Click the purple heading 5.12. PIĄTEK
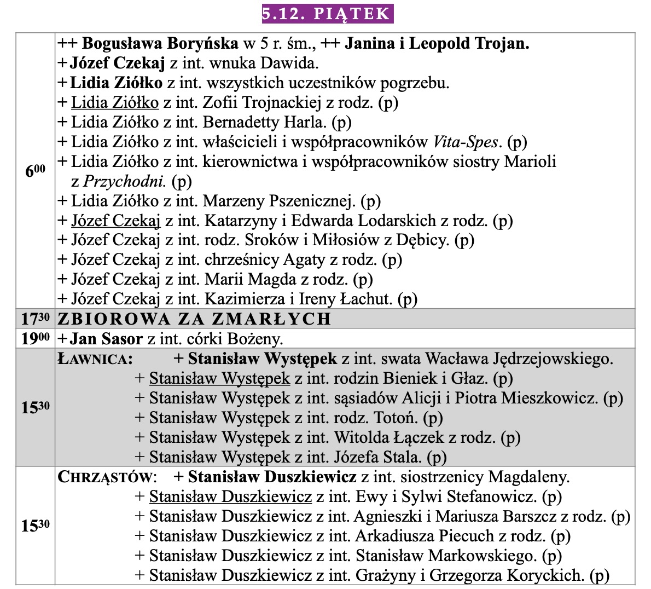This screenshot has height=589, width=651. (327, 13)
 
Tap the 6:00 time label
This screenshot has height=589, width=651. (34, 171)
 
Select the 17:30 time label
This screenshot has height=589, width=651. (35, 319)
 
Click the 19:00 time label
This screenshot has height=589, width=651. (35, 338)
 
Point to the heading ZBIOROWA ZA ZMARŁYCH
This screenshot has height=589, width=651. (194, 319)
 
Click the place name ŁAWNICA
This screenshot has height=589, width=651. (95, 359)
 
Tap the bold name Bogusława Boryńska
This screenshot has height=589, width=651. (160, 43)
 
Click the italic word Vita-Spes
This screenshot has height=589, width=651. (466, 142)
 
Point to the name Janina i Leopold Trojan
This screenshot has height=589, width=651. (437, 43)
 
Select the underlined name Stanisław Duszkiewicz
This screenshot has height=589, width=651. (230, 496)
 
